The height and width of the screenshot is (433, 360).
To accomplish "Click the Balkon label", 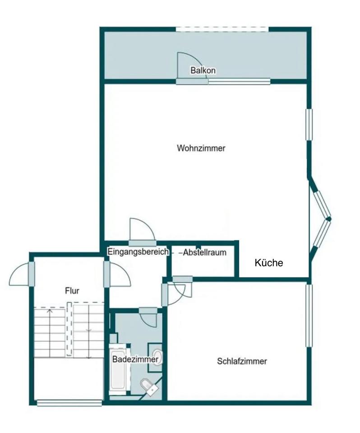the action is (203, 71).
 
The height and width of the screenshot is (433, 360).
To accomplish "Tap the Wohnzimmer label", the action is (201, 148).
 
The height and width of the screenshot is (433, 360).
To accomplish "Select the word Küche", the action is (269, 263).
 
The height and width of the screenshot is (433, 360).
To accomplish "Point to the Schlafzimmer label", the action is (242, 361).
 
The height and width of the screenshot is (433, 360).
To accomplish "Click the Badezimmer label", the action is (135, 359).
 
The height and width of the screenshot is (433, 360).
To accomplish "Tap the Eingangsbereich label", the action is (138, 252).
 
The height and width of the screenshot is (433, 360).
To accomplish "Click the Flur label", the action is (72, 291).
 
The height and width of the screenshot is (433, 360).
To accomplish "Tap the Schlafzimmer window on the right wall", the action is (309, 314).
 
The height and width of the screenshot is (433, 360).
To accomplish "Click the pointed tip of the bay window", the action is (329, 219).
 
